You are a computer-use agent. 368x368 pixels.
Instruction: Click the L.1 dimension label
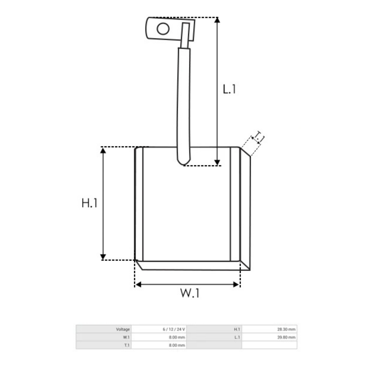click(x=229, y=89)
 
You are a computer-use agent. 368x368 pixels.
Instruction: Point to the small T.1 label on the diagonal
click(x=258, y=138)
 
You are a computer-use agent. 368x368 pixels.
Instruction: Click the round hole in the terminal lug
click(x=163, y=29)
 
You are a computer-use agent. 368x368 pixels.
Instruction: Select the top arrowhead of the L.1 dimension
click(x=217, y=20)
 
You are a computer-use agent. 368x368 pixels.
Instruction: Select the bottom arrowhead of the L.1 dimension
click(x=217, y=163)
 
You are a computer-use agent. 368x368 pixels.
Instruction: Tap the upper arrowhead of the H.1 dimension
click(x=103, y=151)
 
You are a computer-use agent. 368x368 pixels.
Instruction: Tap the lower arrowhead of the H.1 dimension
click(x=103, y=257)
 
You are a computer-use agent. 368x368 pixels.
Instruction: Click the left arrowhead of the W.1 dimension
click(x=138, y=284)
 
